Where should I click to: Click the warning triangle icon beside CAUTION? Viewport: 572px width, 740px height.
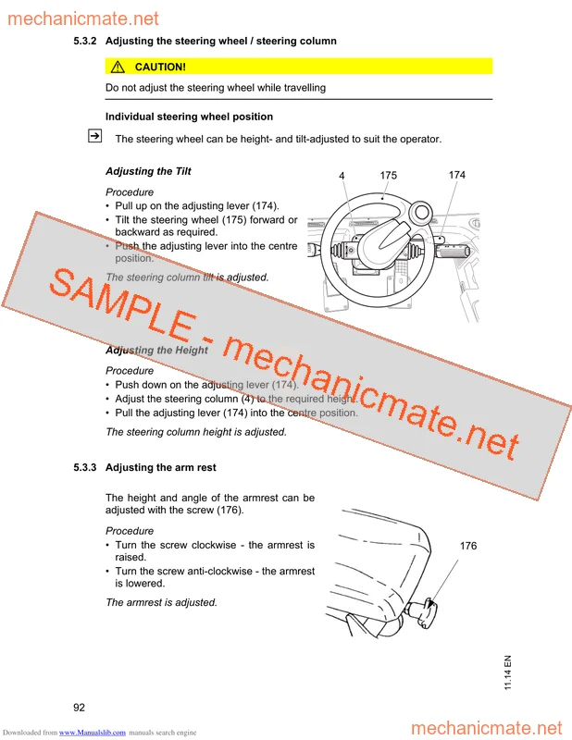coord(118,67)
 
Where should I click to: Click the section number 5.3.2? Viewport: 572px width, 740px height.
coord(86,42)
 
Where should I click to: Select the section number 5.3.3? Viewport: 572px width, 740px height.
coord(86,468)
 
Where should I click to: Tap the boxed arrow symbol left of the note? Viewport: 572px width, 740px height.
coord(93,137)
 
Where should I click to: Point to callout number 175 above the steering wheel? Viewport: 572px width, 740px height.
coord(388,175)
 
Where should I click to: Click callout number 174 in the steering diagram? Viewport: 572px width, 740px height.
coord(457,175)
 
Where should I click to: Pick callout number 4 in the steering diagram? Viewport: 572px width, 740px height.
coord(342,176)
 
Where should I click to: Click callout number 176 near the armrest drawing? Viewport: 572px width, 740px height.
coord(468,547)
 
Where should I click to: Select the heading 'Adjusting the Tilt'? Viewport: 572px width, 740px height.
coord(148,172)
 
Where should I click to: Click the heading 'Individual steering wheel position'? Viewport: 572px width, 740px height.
coord(189,117)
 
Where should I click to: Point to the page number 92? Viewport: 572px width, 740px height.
coord(80,708)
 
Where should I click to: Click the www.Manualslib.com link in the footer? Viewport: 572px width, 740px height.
coord(93,733)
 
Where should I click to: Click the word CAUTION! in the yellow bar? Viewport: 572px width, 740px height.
coord(160,67)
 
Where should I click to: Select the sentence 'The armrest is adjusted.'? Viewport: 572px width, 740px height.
coord(161,602)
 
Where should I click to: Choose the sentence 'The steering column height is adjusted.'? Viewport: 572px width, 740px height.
coord(196,432)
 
